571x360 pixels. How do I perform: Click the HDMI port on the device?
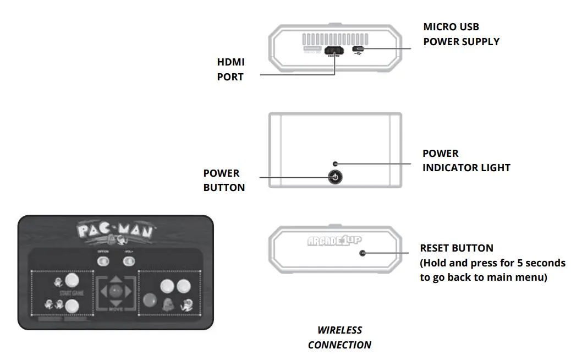pos(334,51)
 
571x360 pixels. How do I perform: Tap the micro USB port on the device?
pos(358,50)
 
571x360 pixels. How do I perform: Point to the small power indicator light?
pos(335,164)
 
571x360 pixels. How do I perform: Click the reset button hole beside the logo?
pos(362,253)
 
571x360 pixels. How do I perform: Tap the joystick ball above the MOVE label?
pos(114,290)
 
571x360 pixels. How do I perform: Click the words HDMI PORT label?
pos(230,69)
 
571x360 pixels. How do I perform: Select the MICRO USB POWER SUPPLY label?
pos(461,34)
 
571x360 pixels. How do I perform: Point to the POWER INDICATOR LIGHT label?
pos(466,160)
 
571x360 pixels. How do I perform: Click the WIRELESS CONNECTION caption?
pos(339,337)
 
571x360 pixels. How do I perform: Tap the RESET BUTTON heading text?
pos(457,248)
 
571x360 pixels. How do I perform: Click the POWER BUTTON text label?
pos(224,180)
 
